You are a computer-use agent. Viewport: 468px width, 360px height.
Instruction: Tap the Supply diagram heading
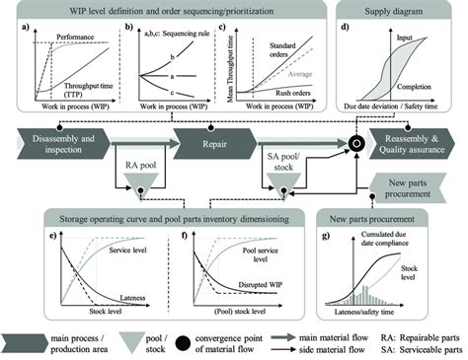click(390, 9)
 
